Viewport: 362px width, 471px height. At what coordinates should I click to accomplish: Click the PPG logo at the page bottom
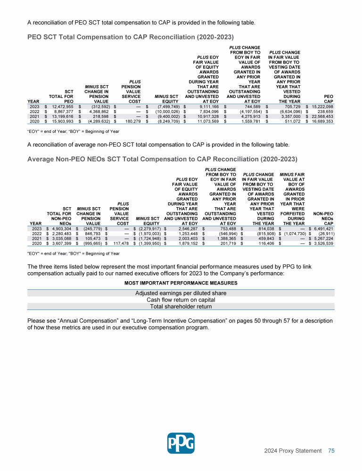tap(181, 442)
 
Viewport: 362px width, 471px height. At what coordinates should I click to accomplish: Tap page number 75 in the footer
tap(331, 451)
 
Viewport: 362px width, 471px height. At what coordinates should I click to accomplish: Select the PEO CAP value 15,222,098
tap(320, 107)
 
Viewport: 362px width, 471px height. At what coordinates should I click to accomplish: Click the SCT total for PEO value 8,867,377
tap(60, 112)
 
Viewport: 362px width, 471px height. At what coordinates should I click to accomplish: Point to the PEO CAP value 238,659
tap(323, 112)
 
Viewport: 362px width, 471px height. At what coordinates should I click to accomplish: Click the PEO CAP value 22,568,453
tap(320, 117)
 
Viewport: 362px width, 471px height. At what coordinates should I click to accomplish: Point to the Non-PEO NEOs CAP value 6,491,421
tap(322, 228)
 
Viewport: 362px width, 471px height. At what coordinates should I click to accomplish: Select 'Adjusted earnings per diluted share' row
tap(181, 293)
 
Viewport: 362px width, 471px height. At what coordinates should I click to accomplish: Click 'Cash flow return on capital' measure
tap(181, 300)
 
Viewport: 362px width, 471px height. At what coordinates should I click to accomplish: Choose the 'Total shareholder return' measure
tap(181, 307)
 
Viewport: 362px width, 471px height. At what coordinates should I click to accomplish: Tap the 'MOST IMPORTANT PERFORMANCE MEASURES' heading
tap(181, 283)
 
